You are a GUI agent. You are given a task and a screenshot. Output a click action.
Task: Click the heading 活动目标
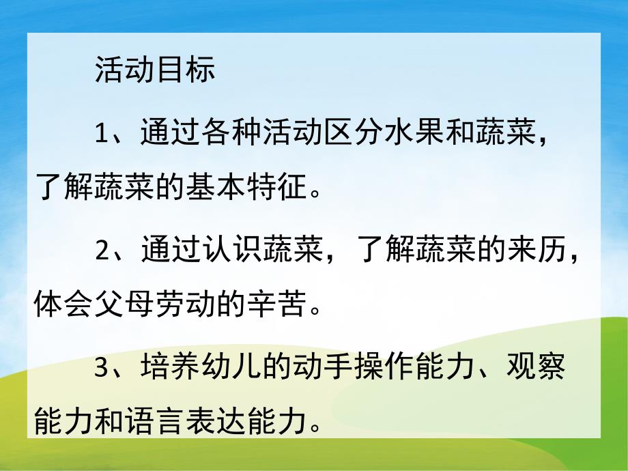[x=155, y=70]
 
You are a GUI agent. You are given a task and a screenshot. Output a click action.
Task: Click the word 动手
[x=324, y=369]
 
